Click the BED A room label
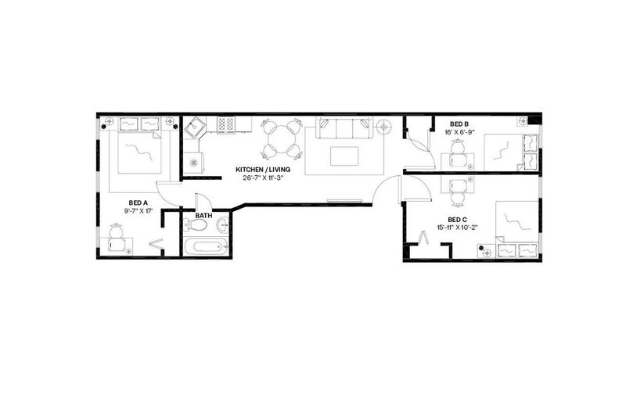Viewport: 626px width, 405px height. [x=139, y=203]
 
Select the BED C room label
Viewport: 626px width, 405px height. [x=458, y=220]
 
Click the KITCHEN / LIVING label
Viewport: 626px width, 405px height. [x=263, y=170]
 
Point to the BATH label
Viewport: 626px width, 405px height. [x=203, y=216]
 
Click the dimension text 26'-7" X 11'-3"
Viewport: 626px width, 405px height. [x=263, y=178]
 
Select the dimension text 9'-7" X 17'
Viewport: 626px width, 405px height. [x=139, y=211]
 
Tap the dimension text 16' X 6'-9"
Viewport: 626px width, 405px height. [x=459, y=132]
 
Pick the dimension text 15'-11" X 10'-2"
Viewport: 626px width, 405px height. [x=458, y=228]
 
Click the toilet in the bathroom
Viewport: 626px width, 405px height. [x=195, y=225]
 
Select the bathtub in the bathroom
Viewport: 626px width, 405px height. [x=206, y=246]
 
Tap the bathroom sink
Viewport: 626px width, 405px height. [x=223, y=225]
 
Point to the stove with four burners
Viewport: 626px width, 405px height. [x=225, y=124]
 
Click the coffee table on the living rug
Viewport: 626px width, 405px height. [x=344, y=156]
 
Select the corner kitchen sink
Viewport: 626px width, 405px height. [x=195, y=127]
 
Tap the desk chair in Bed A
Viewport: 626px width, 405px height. [x=116, y=231]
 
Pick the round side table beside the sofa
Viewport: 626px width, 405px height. [x=383, y=127]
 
